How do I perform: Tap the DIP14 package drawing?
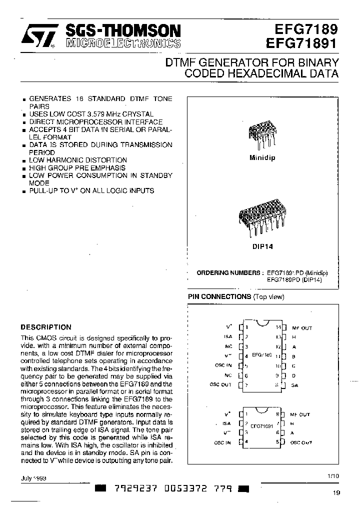pyautogui.click(x=261, y=219)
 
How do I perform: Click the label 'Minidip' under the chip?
pyautogui.click(x=262, y=157)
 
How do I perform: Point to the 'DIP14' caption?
pyautogui.click(x=261, y=247)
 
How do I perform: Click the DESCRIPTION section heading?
pyautogui.click(x=45, y=327)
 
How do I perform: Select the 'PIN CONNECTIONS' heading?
pyautogui.click(x=219, y=297)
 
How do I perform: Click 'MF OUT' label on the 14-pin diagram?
pyautogui.click(x=301, y=328)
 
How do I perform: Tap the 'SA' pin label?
pyautogui.click(x=295, y=385)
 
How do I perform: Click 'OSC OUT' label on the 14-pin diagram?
pyautogui.click(x=220, y=384)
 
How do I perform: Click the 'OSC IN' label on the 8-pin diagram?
pyautogui.click(x=222, y=442)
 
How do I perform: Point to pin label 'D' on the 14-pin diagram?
pyautogui.click(x=293, y=375)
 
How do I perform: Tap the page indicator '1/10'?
pyautogui.click(x=332, y=476)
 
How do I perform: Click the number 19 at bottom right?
pyautogui.click(x=335, y=493)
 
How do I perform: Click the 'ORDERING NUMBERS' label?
pyautogui.click(x=228, y=273)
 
